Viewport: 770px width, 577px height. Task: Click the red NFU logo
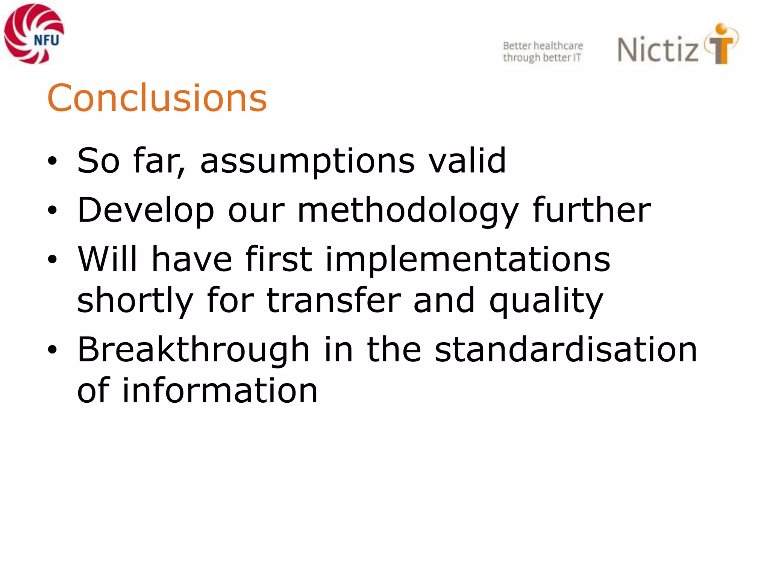(34, 34)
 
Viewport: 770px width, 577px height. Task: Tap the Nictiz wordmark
(658, 50)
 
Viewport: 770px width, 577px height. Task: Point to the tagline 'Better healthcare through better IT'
(543, 51)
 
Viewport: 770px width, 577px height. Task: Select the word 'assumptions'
(308, 162)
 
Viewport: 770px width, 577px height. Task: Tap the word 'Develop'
(146, 211)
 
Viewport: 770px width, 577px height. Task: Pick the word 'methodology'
(408, 211)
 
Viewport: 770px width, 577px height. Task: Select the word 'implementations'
(467, 260)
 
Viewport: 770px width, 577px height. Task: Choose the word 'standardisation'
(566, 350)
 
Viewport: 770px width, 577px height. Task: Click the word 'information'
(220, 391)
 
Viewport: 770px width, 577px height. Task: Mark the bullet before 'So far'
(52, 162)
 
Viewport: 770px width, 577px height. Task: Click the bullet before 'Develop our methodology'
(52, 211)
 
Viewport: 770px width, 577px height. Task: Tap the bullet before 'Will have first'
(52, 259)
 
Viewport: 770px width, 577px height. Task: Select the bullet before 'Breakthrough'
(52, 350)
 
